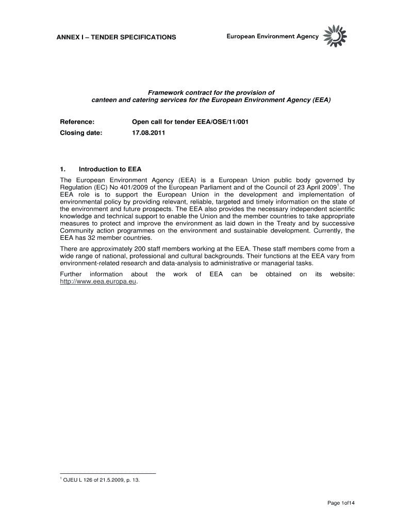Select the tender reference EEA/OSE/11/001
[x=223, y=122]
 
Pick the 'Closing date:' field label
[x=81, y=133]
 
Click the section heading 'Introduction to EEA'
[x=110, y=169]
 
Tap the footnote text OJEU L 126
[x=101, y=480]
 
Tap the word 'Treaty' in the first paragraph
[x=277, y=224]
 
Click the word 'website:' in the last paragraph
[x=342, y=274]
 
